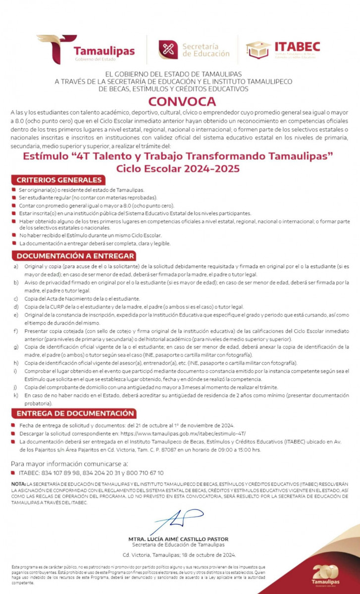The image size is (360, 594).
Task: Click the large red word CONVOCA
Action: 180,102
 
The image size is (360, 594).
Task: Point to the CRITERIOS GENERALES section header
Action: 59,180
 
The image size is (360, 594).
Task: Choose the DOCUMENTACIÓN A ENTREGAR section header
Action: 75,256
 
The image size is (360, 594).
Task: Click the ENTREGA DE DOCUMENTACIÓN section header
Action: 75,413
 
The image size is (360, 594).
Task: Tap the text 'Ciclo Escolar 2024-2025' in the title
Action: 178,168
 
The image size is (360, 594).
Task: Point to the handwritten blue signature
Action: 173,520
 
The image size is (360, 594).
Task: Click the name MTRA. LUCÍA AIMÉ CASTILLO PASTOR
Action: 179,539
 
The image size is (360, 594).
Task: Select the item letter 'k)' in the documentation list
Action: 16,395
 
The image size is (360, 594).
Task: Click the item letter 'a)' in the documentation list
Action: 16,266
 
